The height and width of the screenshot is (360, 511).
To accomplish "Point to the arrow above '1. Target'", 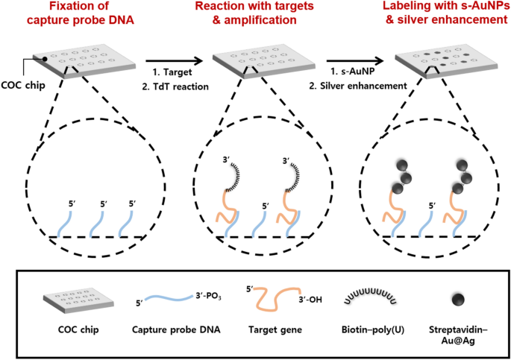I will coord(175,63).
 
